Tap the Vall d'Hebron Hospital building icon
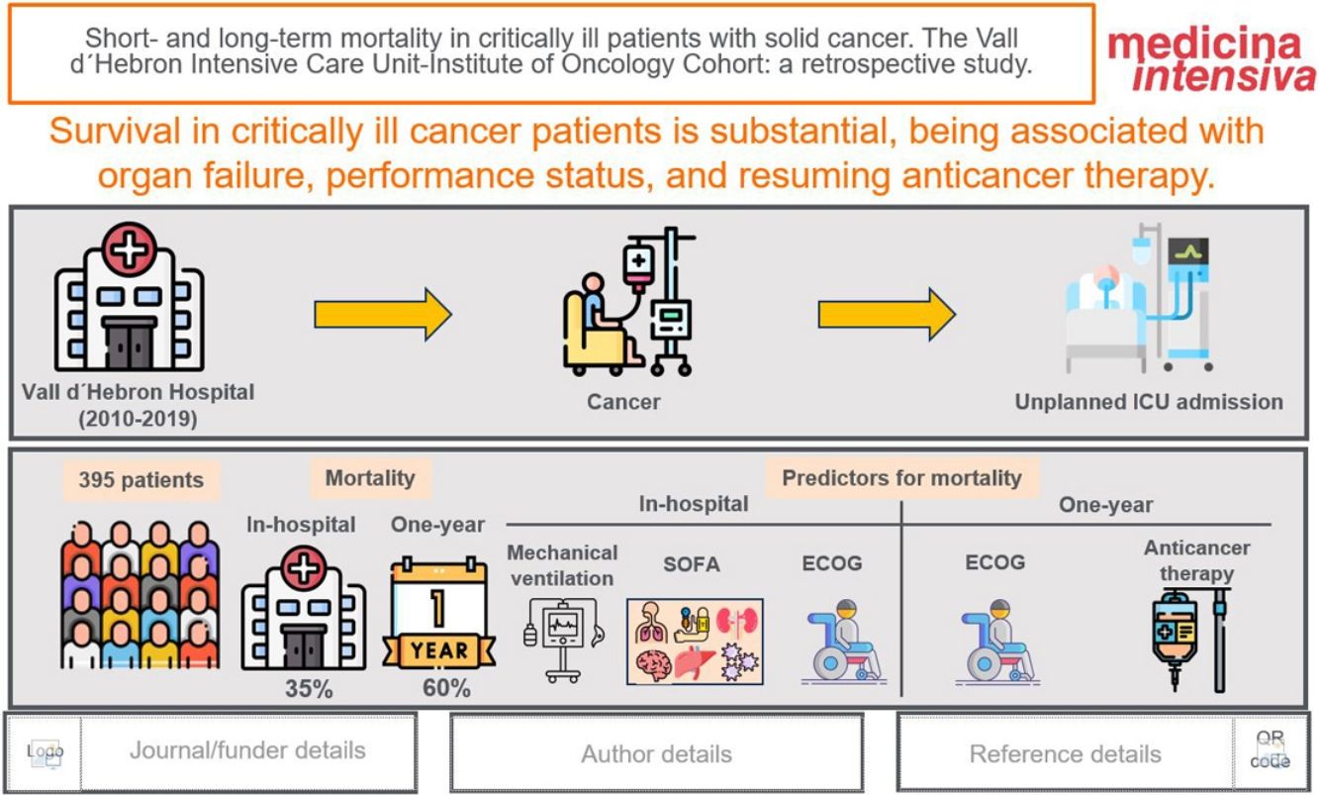coord(129,296)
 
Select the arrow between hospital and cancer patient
coord(382,316)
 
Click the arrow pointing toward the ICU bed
coord(886,316)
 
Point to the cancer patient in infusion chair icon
coord(627,303)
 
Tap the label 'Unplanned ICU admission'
coord(1148,402)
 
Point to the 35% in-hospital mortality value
coord(309,688)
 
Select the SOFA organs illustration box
coord(695,642)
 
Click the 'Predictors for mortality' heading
coord(901,478)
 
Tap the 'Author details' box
coord(656,753)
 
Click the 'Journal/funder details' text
coord(247,750)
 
